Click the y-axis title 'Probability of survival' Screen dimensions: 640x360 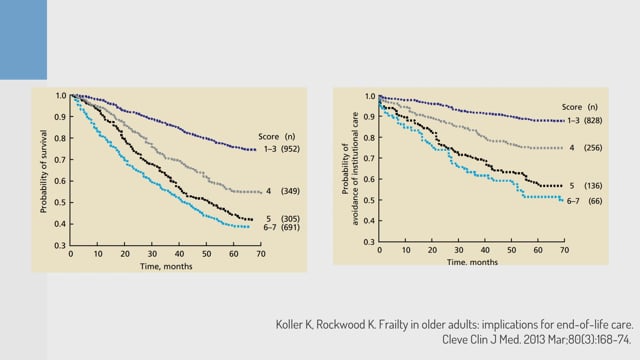pyautogui.click(x=44, y=171)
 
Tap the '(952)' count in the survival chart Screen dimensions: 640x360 pyautogui.click(x=290, y=149)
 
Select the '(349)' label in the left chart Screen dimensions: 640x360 pyautogui.click(x=290, y=191)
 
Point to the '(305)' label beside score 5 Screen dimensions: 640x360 pyautogui.click(x=290, y=219)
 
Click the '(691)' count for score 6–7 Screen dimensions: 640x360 pyautogui.click(x=290, y=227)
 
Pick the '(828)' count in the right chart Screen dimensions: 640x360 pyautogui.click(x=593, y=120)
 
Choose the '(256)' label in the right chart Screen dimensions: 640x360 pyautogui.click(x=593, y=148)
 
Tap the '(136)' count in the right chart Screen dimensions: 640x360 pyautogui.click(x=593, y=186)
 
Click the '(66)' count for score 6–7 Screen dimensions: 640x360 pyautogui.click(x=595, y=201)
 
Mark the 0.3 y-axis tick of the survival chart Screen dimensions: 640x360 pyautogui.click(x=60, y=245)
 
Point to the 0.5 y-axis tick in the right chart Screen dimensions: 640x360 pyautogui.click(x=369, y=200)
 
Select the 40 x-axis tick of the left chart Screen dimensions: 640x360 pyautogui.click(x=179, y=254)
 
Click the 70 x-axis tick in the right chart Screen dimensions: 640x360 pyautogui.click(x=564, y=250)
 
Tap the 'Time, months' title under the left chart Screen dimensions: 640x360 pyautogui.click(x=166, y=266)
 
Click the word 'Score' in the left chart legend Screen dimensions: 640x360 pyautogui.click(x=269, y=137)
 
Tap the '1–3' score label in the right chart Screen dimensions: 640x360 pyautogui.click(x=573, y=120)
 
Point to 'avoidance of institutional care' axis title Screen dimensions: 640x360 pyautogui.click(x=355, y=169)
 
